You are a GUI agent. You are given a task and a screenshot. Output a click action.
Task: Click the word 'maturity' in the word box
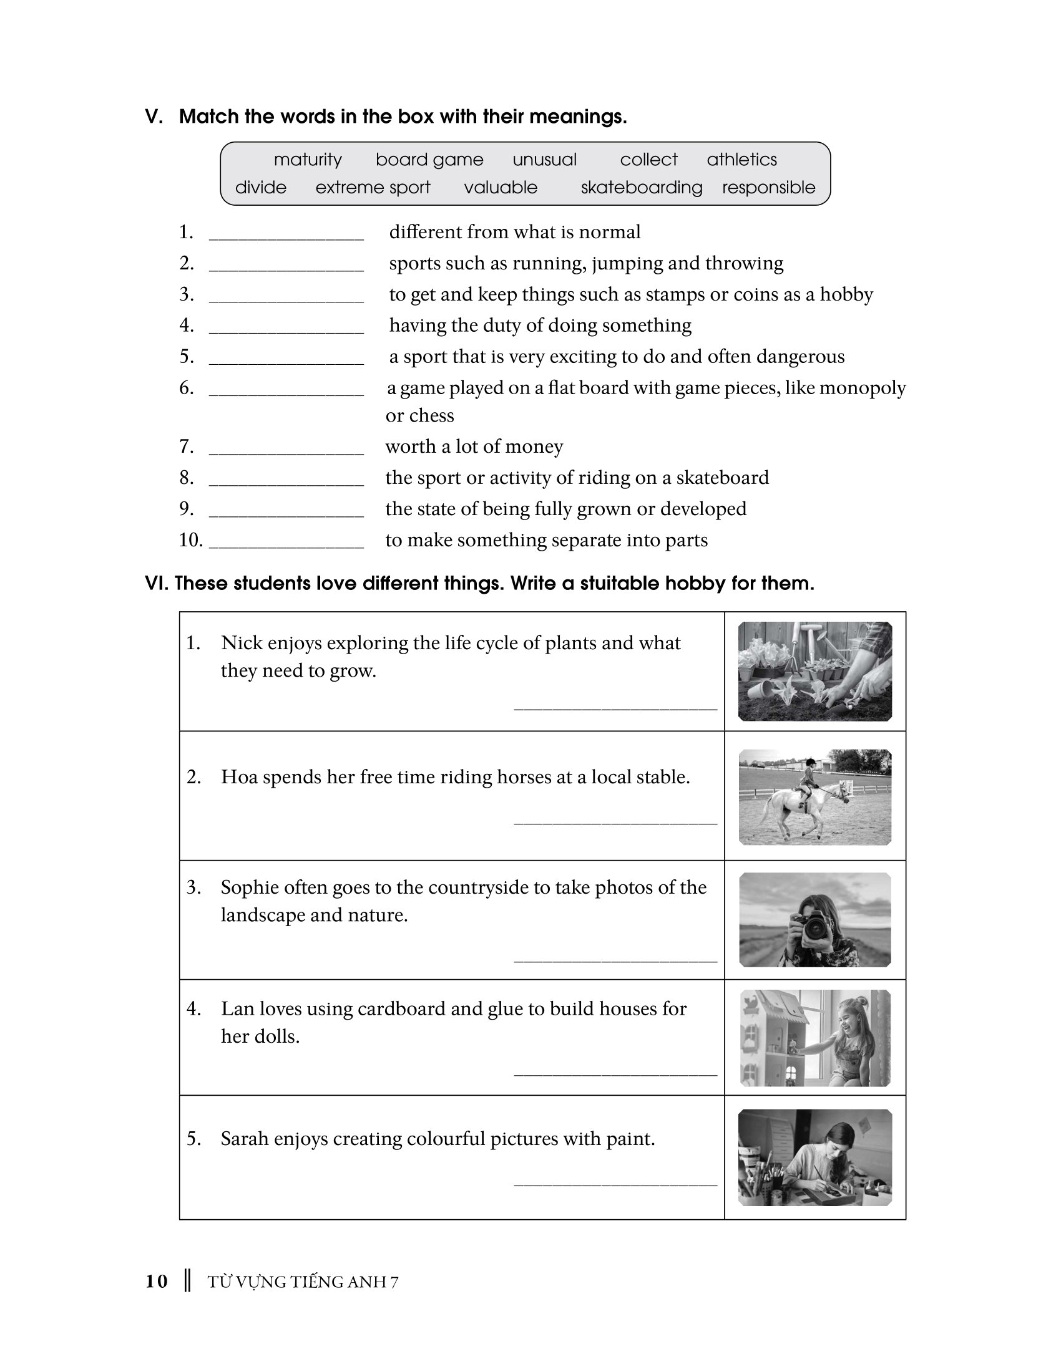click(307, 160)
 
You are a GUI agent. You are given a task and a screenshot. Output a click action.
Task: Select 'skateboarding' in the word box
click(641, 187)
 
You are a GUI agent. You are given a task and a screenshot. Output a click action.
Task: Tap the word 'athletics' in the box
click(741, 160)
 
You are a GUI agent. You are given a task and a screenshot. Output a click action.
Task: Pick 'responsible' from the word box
click(768, 187)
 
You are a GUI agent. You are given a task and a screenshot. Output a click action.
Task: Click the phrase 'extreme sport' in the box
click(373, 187)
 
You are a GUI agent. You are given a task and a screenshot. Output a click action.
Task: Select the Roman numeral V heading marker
click(154, 117)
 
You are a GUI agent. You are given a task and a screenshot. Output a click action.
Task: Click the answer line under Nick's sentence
click(615, 707)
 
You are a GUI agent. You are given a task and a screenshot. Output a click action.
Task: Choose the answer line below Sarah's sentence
click(615, 1184)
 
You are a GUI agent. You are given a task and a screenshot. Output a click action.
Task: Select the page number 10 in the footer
click(157, 1282)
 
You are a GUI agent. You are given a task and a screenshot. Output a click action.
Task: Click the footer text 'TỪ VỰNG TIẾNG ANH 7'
click(303, 1282)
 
